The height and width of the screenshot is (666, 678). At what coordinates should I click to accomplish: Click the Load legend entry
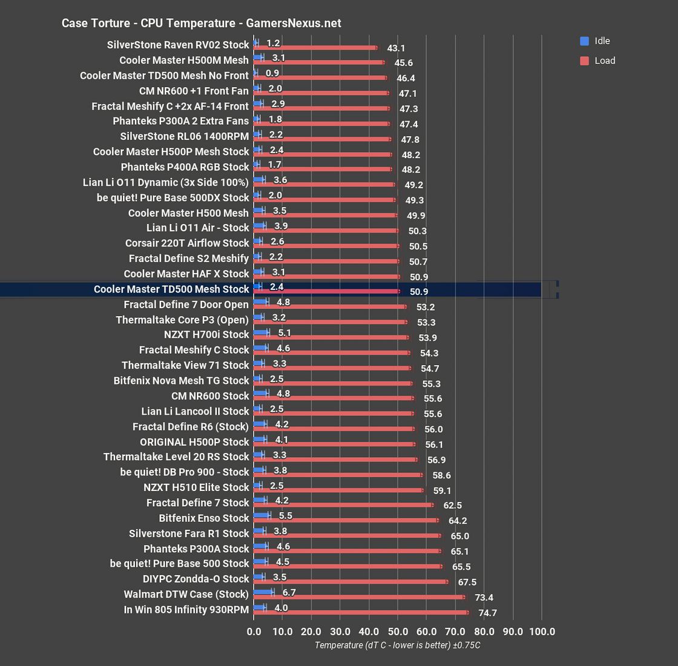604,61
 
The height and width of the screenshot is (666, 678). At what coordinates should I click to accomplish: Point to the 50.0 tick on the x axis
397,631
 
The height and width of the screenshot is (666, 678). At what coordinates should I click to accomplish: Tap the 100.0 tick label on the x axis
542,631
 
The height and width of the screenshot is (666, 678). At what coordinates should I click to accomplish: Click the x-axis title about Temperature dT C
397,645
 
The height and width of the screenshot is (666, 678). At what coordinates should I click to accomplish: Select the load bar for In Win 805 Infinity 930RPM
361,612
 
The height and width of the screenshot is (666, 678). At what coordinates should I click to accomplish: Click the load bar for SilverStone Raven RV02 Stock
315,47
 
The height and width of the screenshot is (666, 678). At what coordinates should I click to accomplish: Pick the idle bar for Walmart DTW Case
263,592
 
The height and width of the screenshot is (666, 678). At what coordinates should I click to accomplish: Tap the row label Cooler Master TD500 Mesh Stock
171,289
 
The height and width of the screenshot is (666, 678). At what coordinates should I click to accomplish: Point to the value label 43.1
396,48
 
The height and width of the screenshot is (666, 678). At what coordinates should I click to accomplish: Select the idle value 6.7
289,592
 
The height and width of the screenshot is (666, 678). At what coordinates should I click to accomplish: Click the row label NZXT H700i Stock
206,335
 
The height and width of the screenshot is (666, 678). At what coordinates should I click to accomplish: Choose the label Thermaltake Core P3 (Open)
182,320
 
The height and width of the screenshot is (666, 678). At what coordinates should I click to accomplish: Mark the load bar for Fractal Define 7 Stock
343,504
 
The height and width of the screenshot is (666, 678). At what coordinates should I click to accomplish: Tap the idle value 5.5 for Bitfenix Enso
286,516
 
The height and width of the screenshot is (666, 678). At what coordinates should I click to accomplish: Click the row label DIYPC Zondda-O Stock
196,579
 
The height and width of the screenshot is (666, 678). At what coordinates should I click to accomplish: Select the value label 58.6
441,475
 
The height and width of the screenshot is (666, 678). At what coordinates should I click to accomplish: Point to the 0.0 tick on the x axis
254,631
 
